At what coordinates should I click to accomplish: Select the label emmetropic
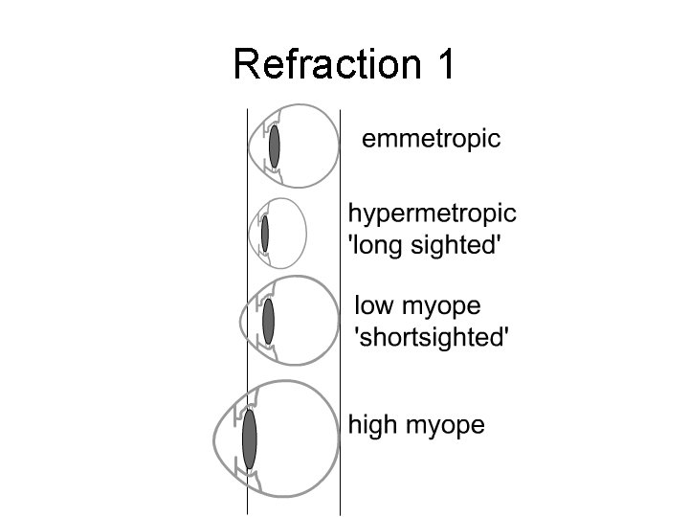click(431, 140)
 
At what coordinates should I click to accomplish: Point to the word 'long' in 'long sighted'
click(381, 245)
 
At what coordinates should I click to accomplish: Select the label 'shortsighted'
click(432, 337)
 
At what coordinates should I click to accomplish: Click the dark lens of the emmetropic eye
click(275, 146)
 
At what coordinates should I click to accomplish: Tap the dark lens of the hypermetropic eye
click(265, 234)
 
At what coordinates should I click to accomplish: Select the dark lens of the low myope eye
click(269, 321)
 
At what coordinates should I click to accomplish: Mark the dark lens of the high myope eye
click(250, 439)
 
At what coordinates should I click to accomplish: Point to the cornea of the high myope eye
click(215, 440)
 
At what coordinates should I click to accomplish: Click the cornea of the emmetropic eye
click(251, 146)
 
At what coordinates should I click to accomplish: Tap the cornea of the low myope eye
click(241, 321)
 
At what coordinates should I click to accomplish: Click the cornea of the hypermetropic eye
click(251, 234)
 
